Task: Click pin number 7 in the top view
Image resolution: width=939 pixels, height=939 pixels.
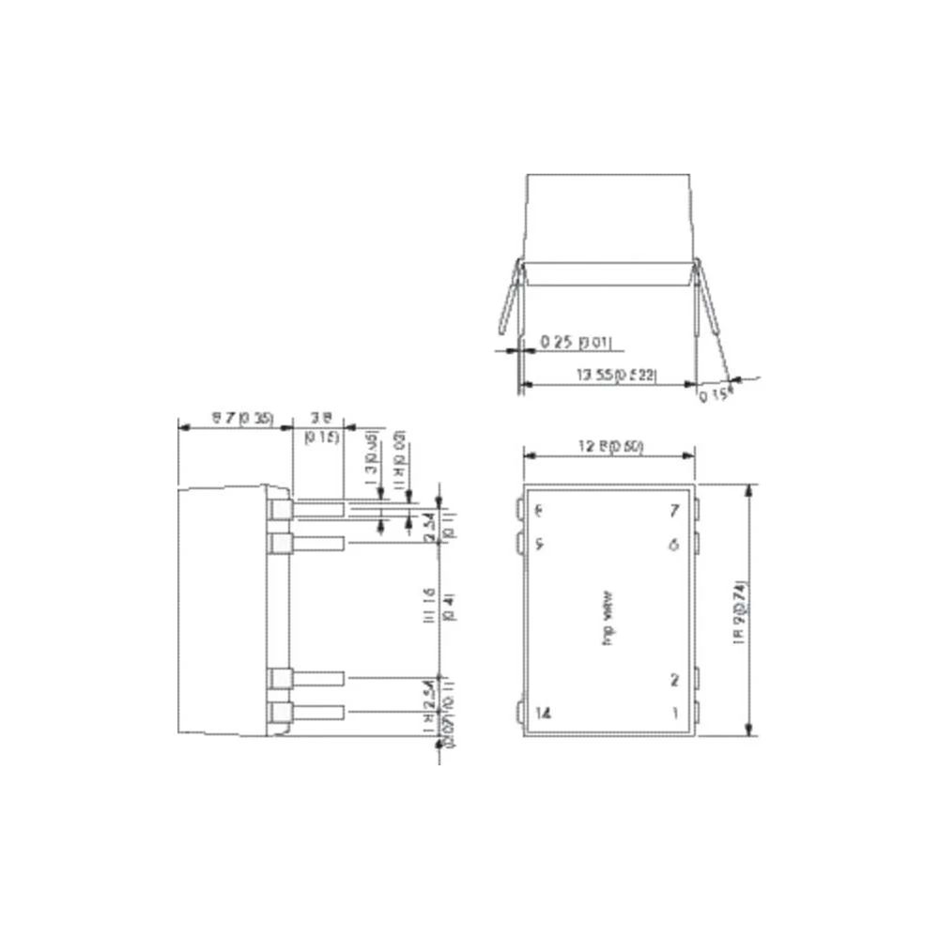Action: [672, 512]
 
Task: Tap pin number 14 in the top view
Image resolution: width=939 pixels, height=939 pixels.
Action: [542, 713]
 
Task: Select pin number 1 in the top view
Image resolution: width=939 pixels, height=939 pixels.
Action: [674, 713]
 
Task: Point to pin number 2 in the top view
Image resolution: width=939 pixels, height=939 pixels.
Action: [674, 680]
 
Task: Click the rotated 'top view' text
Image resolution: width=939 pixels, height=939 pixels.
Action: [608, 611]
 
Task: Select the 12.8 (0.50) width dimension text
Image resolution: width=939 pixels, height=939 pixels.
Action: [609, 446]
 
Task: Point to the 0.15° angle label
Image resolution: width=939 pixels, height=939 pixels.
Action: [712, 395]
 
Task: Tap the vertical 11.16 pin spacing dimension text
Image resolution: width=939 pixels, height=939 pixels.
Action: [429, 611]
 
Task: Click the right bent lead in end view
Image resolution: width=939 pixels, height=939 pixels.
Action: [710, 300]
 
